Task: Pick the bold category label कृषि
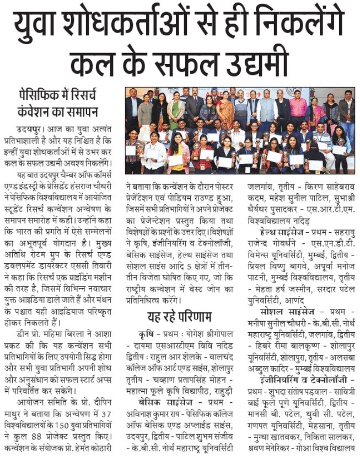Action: (x=146, y=334)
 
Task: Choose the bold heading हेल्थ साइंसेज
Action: (x=282, y=232)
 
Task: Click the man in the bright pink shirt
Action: (x=298, y=106)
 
